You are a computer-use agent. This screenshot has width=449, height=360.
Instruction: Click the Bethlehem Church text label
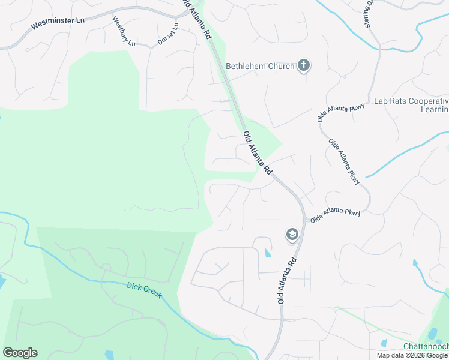tap(260, 66)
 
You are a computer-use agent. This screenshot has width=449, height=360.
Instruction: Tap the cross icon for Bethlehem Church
tap(304, 65)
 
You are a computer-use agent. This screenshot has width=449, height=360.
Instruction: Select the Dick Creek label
tap(144, 292)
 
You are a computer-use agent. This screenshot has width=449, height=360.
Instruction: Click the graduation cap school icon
tap(292, 235)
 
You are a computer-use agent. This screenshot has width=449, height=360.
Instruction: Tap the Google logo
tap(20, 353)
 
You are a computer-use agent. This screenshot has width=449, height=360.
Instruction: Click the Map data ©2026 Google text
tap(412, 355)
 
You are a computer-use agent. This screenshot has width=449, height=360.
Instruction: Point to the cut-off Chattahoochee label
tap(426, 347)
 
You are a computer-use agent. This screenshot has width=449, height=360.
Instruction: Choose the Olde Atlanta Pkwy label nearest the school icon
tap(334, 215)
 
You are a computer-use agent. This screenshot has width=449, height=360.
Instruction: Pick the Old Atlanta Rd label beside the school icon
tap(288, 280)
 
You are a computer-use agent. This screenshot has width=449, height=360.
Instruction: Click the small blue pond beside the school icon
tap(267, 253)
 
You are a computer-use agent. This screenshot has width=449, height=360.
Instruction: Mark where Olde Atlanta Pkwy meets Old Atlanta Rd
tap(305, 220)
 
